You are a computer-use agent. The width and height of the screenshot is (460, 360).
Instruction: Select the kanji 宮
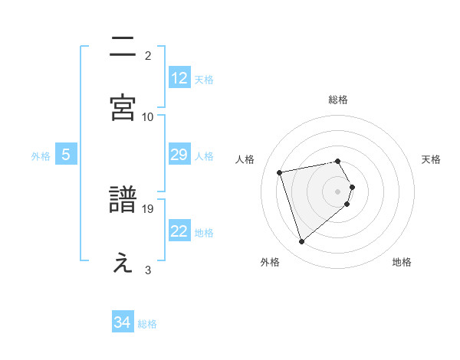click(123, 107)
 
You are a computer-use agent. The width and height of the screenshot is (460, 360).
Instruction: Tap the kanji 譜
click(123, 200)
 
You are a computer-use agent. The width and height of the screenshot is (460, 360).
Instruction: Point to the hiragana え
click(123, 263)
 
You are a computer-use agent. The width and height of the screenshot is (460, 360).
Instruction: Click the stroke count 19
click(149, 208)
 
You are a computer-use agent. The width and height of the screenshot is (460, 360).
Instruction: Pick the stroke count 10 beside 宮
click(148, 116)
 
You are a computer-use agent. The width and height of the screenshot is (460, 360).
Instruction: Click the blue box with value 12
click(179, 78)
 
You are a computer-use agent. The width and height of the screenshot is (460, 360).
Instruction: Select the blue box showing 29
click(179, 155)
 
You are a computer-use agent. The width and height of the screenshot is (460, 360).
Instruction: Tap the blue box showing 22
click(179, 231)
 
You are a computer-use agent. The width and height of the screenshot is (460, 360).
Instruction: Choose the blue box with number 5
click(66, 155)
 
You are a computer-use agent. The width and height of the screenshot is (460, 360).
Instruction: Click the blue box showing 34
click(123, 322)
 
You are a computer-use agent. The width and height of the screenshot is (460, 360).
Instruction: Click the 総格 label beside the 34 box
click(147, 324)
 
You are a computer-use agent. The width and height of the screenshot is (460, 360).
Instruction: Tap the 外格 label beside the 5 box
click(41, 155)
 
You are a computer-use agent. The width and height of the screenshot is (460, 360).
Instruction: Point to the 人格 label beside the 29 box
click(204, 155)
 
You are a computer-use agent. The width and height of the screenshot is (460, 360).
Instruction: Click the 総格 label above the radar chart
click(338, 100)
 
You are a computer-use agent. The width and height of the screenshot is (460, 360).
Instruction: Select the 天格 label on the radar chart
click(432, 159)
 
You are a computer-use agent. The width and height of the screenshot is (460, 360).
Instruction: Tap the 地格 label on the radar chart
click(402, 262)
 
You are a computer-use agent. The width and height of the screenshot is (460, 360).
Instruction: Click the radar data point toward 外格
click(302, 241)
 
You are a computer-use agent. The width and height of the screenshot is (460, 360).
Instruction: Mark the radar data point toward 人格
click(280, 172)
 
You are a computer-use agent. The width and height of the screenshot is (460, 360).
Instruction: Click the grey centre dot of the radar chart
click(338, 191)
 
